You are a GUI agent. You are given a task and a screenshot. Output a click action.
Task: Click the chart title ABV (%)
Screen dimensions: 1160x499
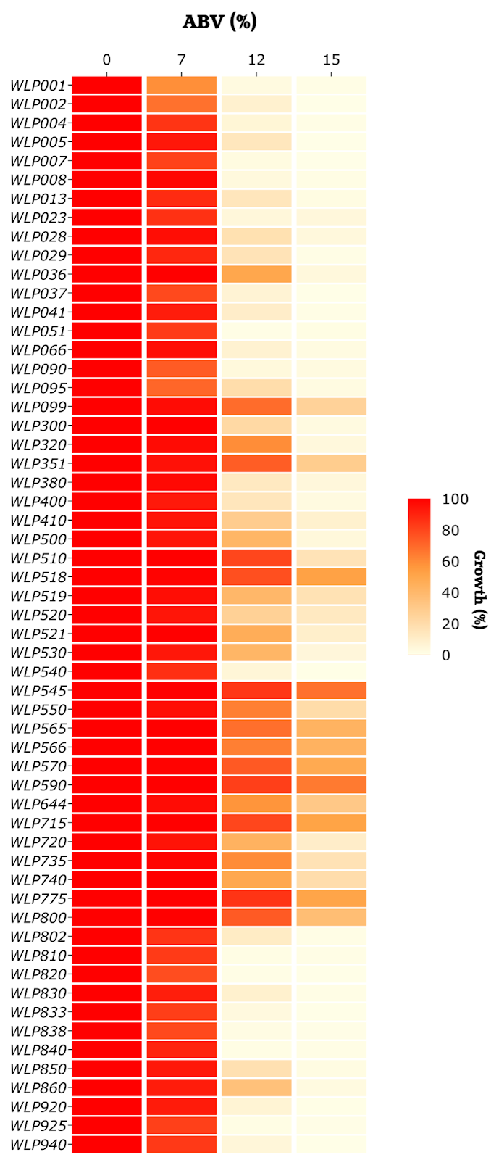click(x=219, y=22)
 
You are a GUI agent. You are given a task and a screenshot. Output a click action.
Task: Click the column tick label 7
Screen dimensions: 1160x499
click(x=181, y=60)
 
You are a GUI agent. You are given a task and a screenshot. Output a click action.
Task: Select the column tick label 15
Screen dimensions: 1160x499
click(x=331, y=60)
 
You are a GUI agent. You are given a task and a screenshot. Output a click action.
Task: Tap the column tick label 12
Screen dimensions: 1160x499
click(x=256, y=60)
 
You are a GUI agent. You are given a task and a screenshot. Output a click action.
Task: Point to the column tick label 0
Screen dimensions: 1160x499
click(x=106, y=60)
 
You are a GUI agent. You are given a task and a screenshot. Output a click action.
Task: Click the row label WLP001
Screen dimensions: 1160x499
click(x=38, y=86)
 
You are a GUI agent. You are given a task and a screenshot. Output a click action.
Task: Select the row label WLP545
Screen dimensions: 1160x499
click(x=38, y=691)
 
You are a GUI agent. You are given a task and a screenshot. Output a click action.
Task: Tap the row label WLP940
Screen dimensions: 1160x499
click(x=38, y=1145)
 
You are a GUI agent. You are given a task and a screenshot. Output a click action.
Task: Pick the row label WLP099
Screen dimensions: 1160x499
click(x=38, y=407)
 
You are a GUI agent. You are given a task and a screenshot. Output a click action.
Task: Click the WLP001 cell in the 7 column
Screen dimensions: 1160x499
click(x=181, y=86)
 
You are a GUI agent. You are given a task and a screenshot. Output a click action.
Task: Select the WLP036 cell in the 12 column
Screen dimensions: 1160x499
click(x=256, y=275)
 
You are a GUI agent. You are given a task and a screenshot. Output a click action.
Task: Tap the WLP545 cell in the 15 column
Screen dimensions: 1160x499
click(x=331, y=691)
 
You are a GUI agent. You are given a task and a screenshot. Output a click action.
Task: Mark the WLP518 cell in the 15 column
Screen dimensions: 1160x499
click(x=331, y=577)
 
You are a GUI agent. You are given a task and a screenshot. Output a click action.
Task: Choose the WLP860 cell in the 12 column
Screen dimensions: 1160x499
click(x=256, y=1087)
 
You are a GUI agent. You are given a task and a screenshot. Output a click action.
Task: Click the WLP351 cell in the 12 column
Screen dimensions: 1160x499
click(x=256, y=464)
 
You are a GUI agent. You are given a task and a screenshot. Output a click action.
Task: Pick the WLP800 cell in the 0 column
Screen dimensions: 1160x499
click(x=106, y=918)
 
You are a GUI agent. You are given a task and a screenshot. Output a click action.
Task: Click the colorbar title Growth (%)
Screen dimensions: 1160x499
click(x=479, y=590)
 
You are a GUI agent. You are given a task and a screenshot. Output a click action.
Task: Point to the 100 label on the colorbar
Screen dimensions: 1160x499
click(x=455, y=499)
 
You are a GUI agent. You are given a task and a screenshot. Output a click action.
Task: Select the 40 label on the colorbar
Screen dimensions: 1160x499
click(x=450, y=593)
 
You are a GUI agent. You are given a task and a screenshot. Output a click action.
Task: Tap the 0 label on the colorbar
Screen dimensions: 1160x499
click(x=446, y=655)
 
